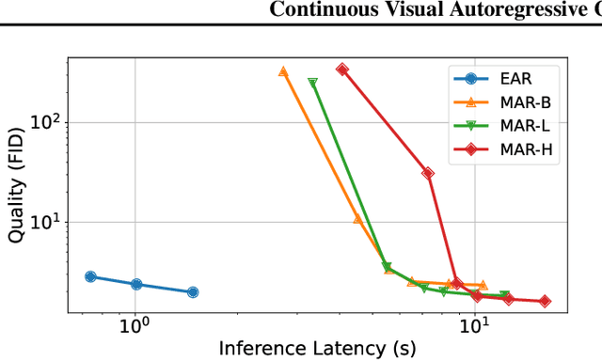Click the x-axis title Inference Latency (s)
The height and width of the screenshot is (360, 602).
point(316,348)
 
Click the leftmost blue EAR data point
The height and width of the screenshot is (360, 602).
point(90,276)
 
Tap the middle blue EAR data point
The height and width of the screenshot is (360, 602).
point(136,284)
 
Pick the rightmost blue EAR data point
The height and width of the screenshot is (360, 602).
point(193,292)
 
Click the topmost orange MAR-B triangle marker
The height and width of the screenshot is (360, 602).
point(283,71)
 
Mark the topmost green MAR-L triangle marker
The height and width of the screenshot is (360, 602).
point(313,83)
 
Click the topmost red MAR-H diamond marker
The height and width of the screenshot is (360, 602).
point(342,70)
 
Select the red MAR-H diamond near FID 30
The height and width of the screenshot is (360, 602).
point(428,173)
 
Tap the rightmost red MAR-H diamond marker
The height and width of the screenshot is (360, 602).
point(545,302)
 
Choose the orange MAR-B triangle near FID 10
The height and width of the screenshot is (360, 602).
point(357,218)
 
